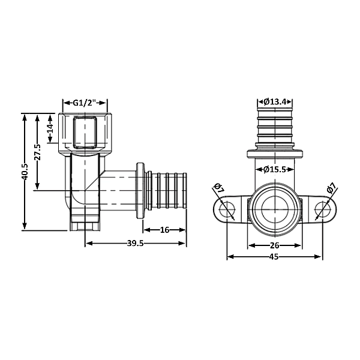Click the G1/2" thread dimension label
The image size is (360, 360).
pos(85,103)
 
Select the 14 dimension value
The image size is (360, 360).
pos(51,128)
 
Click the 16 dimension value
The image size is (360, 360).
pos(164,229)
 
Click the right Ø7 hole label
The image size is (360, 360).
pos(331,189)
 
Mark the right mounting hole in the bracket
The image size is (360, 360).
pos(322,209)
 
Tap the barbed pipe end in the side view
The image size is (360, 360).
pos(166,191)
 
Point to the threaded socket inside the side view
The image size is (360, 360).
pos(85,133)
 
